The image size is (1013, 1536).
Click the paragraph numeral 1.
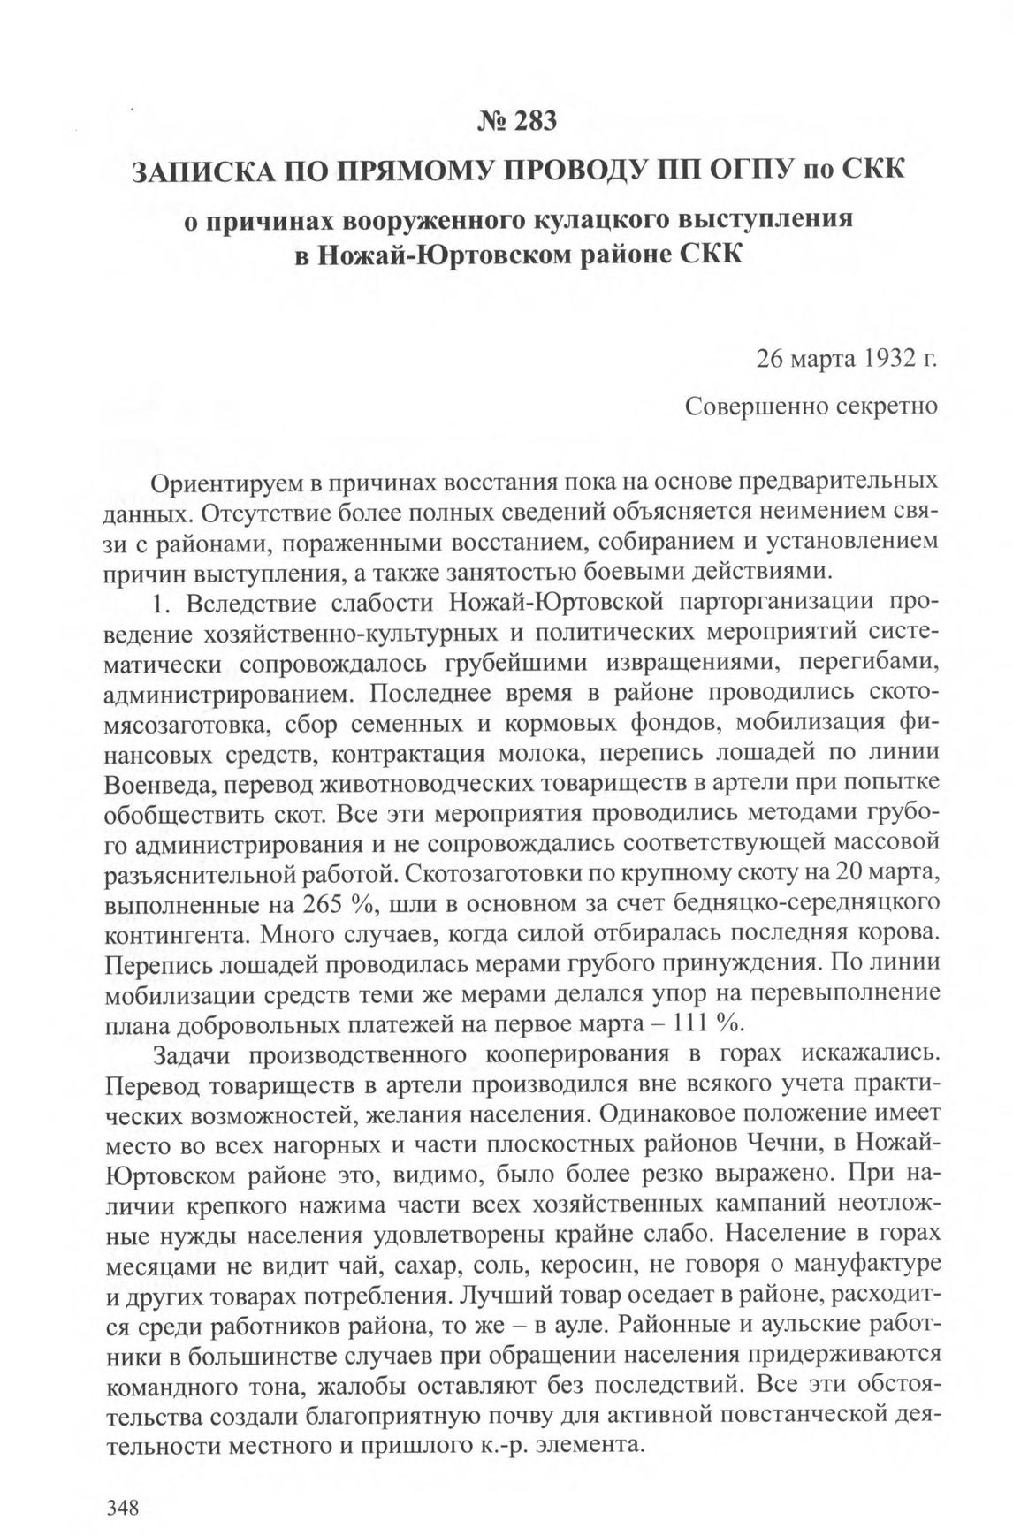pos(160,604)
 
